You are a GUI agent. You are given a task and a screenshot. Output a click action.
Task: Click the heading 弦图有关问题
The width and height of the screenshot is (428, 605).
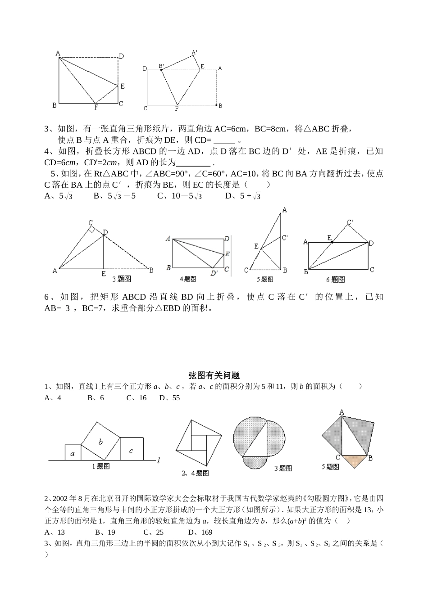[214, 375]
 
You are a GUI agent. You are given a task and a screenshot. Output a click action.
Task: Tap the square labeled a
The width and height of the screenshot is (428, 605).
[73, 453]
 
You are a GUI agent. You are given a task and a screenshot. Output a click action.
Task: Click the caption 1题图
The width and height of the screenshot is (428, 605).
[100, 466]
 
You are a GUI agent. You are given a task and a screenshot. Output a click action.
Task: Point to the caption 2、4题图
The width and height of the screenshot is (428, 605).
[195, 473]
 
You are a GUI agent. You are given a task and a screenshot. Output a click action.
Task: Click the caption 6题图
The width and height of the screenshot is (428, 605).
[335, 280]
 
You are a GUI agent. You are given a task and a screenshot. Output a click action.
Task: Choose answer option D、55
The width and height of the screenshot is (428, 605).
[169, 398]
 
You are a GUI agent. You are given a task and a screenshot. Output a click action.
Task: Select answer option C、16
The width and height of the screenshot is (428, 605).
[137, 398]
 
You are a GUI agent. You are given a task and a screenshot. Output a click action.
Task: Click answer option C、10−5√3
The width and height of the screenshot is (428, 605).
[179, 196]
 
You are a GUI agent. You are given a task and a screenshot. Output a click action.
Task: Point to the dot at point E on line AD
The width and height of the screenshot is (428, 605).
[332, 242]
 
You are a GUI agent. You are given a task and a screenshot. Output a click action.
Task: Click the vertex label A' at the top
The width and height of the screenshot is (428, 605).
[195, 52]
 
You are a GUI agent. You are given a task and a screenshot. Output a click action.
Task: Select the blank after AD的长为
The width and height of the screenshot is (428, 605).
[194, 163]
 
